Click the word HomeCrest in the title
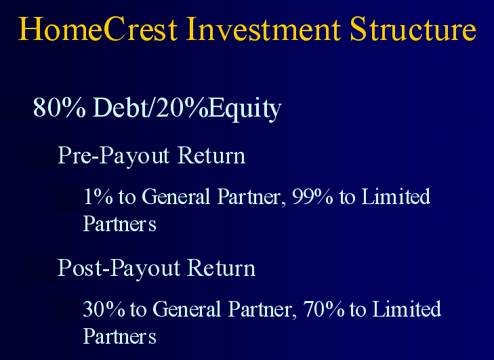click(98, 29)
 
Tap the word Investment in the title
click(264, 29)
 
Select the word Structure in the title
click(413, 29)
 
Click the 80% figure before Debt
click(59, 107)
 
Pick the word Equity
click(245, 109)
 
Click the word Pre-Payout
click(114, 156)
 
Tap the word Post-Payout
click(119, 268)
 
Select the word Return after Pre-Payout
click(211, 155)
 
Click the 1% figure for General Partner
click(98, 197)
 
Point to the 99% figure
click(312, 197)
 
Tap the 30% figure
click(104, 309)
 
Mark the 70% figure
click(323, 309)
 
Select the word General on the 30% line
click(187, 309)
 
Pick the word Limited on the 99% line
click(396, 196)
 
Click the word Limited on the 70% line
click(407, 308)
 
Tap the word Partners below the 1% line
click(120, 224)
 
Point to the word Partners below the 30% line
click(120, 336)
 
